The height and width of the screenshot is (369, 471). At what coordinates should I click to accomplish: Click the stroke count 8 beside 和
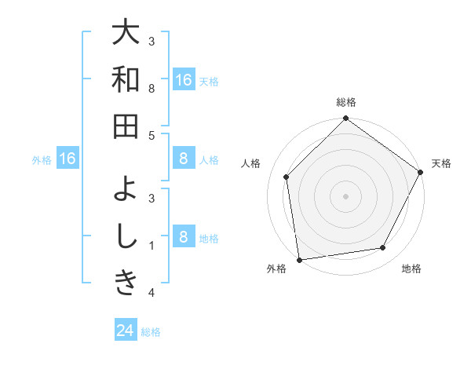coord(152,89)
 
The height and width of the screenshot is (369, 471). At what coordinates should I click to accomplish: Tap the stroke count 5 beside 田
coord(152,136)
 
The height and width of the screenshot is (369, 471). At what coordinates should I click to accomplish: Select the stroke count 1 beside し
coord(152,245)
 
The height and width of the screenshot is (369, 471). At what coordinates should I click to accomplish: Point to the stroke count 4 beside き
coord(152,293)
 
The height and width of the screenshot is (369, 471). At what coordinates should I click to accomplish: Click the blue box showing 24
coord(126,331)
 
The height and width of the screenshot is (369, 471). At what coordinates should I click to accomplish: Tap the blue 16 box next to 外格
coord(68,159)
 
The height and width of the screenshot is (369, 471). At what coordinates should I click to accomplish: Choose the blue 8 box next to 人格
coord(183,159)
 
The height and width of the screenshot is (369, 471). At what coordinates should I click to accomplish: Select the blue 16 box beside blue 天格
coord(183,79)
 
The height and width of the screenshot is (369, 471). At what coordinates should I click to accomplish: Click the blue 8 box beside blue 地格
coord(183,237)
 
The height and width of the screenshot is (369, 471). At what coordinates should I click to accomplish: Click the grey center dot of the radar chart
coord(345,195)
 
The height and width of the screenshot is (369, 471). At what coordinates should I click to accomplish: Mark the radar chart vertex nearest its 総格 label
coord(345,119)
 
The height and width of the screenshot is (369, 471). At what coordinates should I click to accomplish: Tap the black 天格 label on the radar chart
coord(441,163)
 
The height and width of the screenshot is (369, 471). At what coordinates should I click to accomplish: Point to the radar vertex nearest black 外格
coord(299,259)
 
